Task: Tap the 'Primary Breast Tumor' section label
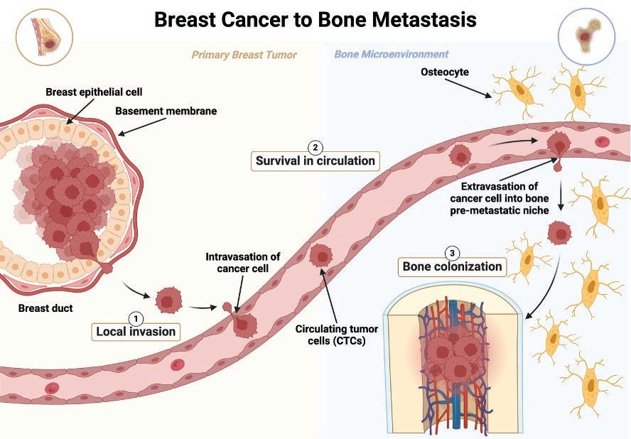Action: coord(244,54)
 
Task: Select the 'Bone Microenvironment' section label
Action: coord(391,54)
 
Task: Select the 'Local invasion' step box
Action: coord(136,331)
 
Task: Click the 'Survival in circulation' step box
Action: coord(315,161)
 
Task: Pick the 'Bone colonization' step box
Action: coord(452,268)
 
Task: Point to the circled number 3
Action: coord(452,252)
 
